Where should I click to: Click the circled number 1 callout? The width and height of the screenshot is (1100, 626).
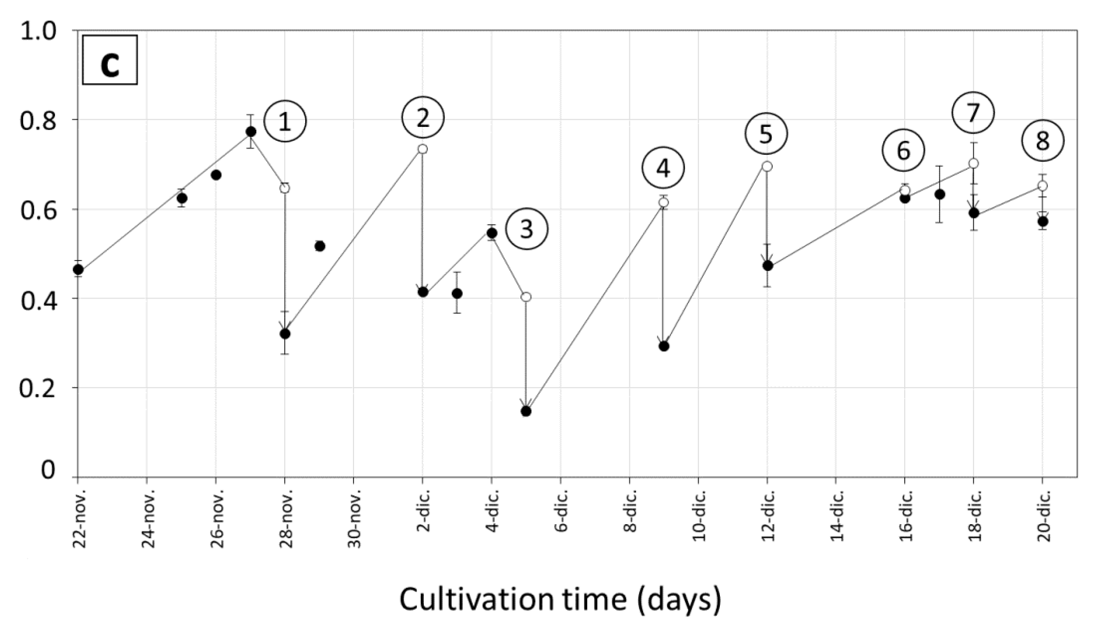[x=285, y=122]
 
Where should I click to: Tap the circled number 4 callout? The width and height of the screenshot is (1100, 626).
[x=663, y=168]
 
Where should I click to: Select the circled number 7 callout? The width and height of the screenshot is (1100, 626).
[x=973, y=113]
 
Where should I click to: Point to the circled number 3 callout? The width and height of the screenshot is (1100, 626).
[x=527, y=229]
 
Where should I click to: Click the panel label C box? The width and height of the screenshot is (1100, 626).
[x=109, y=60]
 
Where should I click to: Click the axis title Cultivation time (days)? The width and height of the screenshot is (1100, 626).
[x=560, y=599]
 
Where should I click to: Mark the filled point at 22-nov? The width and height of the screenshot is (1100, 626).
[x=78, y=269]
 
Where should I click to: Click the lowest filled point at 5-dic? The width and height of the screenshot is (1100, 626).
[x=526, y=411]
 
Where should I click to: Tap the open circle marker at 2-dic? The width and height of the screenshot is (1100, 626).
[x=422, y=149]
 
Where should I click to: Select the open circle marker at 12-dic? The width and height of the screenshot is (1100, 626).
[x=767, y=167]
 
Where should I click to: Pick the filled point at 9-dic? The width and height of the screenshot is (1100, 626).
[x=664, y=346]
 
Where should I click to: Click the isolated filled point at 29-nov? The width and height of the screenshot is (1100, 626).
[x=320, y=246]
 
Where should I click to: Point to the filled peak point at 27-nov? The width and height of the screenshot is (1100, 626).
[x=251, y=132]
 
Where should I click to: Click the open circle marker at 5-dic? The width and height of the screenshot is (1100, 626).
[x=526, y=297]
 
